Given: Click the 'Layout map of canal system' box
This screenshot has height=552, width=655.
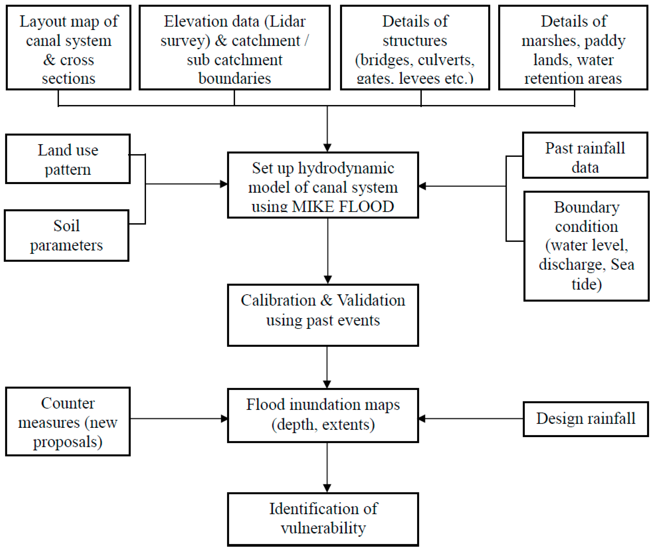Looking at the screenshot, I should [68, 47].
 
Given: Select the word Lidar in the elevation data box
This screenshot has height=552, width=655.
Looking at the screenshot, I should [287, 22].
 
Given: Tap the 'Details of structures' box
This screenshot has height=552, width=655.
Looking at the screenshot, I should [415, 47].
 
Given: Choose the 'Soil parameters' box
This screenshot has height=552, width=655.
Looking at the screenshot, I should [66, 235].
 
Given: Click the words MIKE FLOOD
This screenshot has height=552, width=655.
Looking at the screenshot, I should [343, 207].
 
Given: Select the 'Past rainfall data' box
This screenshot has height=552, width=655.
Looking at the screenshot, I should [585, 155].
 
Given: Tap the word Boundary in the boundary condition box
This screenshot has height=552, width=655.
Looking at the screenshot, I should [586, 207].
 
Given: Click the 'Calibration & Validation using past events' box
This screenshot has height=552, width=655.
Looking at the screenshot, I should [323, 315].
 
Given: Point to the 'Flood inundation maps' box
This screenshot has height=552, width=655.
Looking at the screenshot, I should [323, 415].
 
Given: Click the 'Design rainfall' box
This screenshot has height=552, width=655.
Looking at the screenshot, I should [585, 419].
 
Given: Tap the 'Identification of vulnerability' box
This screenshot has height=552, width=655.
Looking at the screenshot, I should [323, 519].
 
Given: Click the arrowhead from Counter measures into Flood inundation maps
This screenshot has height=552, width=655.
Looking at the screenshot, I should [224, 418].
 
